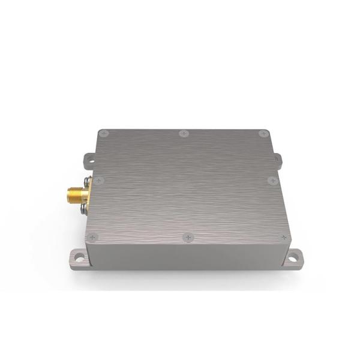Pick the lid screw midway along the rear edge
pos(184,133)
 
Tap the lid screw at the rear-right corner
pos(262,133)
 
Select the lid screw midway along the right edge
pos(272,180)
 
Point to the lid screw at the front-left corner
pos(91,238)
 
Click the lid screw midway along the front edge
pos(188,238)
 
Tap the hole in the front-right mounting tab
pos(292,259)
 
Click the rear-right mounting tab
pos(278,160)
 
